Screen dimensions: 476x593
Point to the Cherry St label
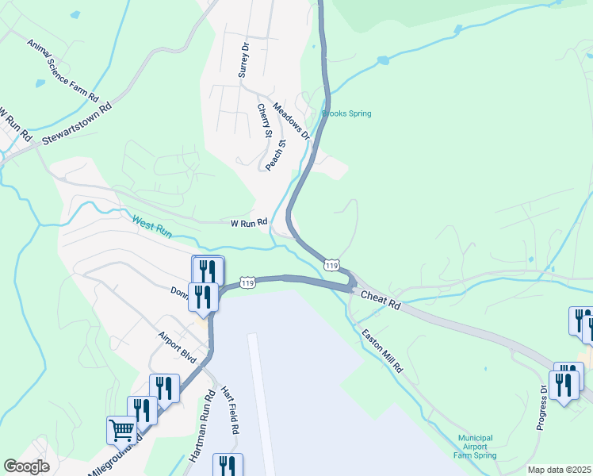point(265,121)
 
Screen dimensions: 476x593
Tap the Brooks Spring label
point(346,113)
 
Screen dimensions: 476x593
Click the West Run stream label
point(152,228)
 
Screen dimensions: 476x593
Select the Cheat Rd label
point(381,300)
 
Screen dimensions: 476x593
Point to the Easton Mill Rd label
point(382,352)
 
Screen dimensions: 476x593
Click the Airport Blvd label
point(177,347)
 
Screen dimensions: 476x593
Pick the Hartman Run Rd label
point(202,425)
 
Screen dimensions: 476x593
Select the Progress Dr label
point(542,406)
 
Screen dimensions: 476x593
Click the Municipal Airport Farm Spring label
point(475,447)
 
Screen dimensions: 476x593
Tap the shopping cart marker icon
point(122,430)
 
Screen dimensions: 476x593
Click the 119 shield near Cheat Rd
point(332,263)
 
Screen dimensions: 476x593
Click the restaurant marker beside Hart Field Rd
point(228,466)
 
